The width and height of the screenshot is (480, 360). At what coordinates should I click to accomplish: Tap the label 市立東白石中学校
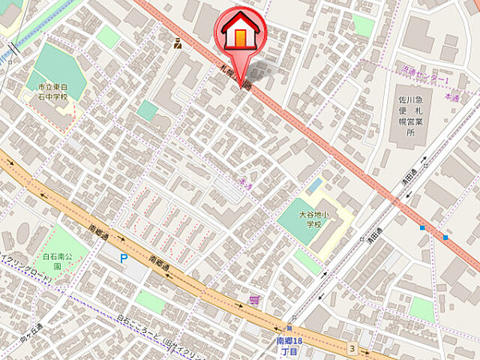[52, 93]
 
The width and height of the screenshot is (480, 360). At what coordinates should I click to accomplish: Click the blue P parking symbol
[124, 258]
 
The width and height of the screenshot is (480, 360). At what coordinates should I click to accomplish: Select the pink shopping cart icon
[254, 299]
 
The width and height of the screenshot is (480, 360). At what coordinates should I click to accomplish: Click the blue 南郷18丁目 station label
[289, 346]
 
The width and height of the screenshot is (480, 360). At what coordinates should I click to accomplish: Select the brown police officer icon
[177, 43]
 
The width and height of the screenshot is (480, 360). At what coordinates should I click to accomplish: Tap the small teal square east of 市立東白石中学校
[147, 111]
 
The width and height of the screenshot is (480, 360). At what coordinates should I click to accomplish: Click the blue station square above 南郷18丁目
[289, 327]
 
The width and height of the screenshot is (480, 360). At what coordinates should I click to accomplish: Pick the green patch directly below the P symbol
[150, 301]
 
